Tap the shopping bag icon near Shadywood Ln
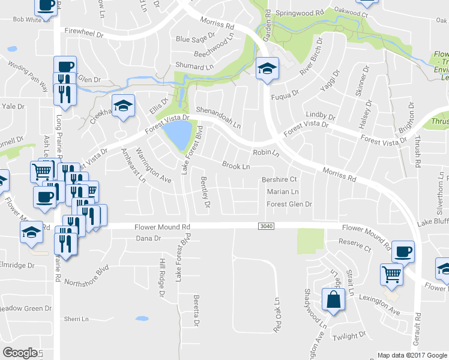(x=332, y=300)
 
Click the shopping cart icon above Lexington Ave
(x=391, y=274)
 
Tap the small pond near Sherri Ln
(x=142, y=319)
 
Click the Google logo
(x=20, y=353)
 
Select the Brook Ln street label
(x=235, y=166)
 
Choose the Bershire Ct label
(x=280, y=179)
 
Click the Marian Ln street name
(x=283, y=192)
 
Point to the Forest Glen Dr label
(x=289, y=205)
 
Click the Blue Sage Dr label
(x=191, y=39)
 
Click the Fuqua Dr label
(x=285, y=93)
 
